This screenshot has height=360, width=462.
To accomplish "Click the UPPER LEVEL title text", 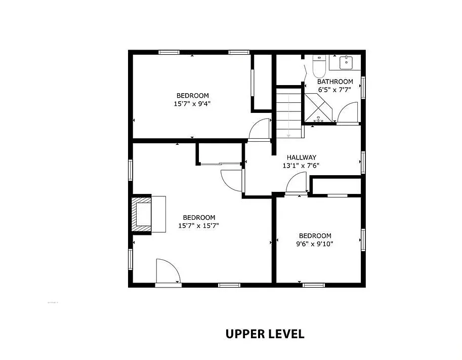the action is click(x=265, y=334).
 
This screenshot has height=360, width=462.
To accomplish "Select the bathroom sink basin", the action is click(x=346, y=62).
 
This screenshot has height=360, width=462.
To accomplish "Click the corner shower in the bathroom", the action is click(x=318, y=108).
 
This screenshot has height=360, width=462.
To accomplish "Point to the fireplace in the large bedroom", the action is click(x=141, y=214).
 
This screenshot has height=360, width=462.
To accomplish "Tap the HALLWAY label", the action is click(x=302, y=157).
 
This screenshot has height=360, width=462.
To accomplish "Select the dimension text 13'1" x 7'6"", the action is click(x=301, y=166).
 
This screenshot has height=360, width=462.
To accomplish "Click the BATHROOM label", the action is click(x=335, y=82).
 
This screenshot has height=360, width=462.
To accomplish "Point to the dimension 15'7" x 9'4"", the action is click(x=192, y=104).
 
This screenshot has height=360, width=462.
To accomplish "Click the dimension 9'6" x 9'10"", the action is click(x=315, y=244).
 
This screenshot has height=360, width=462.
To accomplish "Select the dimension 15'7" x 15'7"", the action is click(x=198, y=226).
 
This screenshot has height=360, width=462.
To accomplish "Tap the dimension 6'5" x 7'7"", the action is click(x=335, y=90).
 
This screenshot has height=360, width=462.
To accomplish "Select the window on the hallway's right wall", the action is click(x=363, y=163).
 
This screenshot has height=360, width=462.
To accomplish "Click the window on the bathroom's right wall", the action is click(x=363, y=88).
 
